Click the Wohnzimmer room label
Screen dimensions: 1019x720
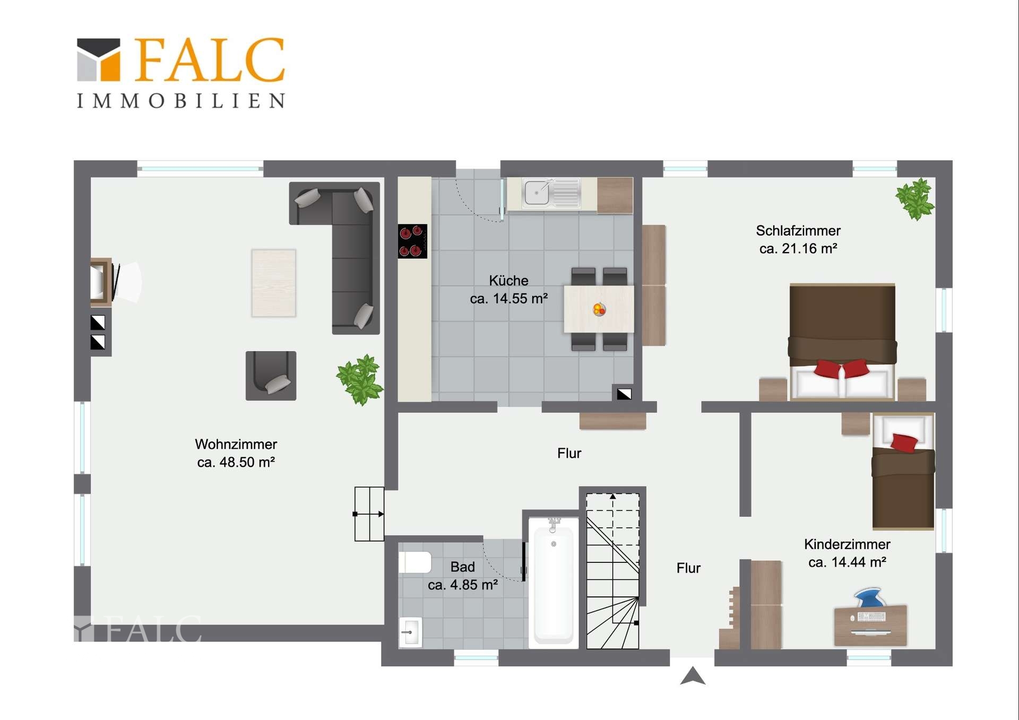236,444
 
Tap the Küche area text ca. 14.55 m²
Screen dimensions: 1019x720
508,299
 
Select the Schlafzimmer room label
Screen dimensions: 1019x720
798,231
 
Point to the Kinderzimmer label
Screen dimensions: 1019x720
847,544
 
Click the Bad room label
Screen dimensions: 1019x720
462,567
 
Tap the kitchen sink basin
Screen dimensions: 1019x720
537,192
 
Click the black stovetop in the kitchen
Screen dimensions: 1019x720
412,241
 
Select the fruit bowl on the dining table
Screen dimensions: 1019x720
599,309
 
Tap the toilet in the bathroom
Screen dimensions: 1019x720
414,562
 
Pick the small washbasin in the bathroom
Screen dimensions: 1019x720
410,632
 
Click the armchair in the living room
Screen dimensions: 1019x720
271,376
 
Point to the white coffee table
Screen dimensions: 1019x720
273,283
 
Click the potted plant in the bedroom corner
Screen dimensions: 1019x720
915,198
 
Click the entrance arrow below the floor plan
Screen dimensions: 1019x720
693,676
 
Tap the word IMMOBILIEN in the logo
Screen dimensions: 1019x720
182,101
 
